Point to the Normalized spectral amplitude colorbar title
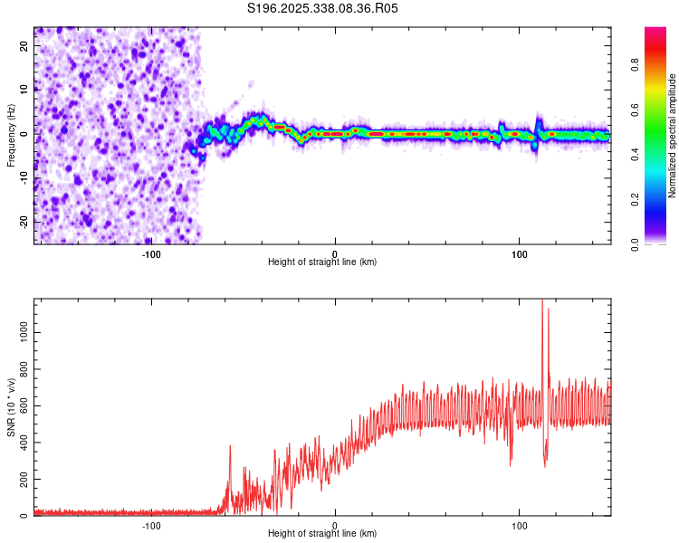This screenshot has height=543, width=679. click(x=673, y=136)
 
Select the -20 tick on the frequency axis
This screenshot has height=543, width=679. click(x=23, y=222)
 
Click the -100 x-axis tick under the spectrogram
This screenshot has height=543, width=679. click(x=151, y=253)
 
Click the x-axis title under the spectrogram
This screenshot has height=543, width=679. click(x=322, y=262)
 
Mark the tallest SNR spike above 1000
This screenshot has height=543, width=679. click(x=542, y=302)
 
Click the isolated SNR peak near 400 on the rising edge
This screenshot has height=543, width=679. click(x=230, y=446)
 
